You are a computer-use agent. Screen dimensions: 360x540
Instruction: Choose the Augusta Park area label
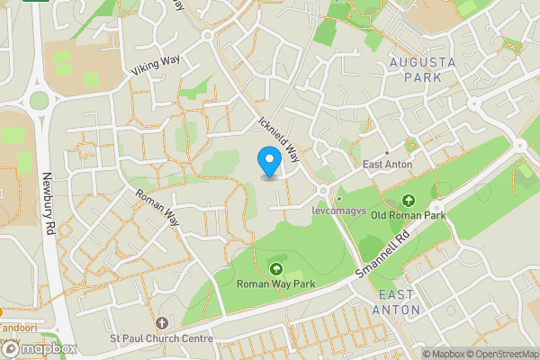[x=422, y=69]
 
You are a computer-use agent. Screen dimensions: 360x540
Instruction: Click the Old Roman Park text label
[x=409, y=216]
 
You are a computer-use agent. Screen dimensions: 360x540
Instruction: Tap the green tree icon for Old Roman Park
[x=409, y=200]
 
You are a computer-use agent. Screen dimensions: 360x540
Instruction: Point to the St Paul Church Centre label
[x=161, y=338]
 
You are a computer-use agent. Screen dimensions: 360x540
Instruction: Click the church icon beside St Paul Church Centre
[x=162, y=322]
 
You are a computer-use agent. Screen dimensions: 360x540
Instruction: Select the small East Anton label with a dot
[x=388, y=164]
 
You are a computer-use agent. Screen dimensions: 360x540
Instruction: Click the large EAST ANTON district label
[x=398, y=302]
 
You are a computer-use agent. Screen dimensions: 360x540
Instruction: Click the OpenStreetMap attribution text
[x=500, y=354]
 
